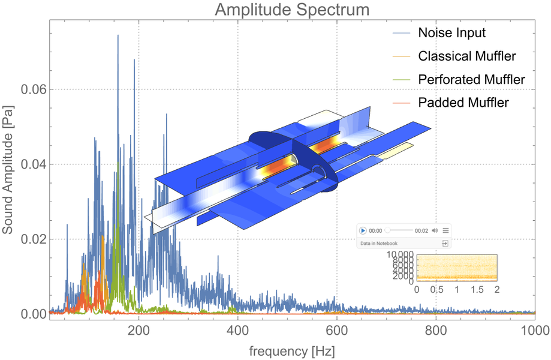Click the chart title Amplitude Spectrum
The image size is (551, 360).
point(292,10)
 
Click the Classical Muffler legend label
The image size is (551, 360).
point(467,56)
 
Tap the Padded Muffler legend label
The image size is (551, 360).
point(463,103)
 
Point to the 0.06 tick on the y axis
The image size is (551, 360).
point(34,89)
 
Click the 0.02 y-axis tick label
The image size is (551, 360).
point(34,239)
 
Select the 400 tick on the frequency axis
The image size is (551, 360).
point(238,329)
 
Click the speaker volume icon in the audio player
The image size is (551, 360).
point(435,230)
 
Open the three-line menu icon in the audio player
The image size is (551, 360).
point(445,230)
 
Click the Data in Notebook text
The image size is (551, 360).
point(378,244)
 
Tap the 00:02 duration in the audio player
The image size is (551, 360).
point(421,230)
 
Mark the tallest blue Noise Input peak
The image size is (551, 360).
point(118,36)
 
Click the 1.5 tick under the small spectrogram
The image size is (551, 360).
point(477,289)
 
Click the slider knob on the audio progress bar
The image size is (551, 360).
point(388,230)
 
